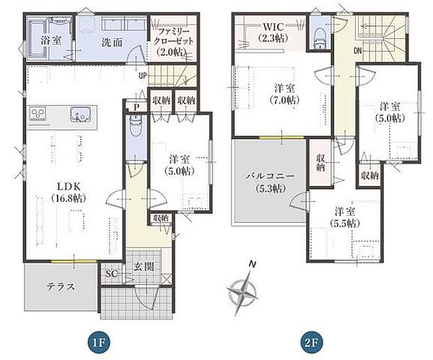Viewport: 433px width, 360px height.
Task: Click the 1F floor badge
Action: tap(99, 343)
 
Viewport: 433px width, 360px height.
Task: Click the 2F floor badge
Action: tap(311, 343)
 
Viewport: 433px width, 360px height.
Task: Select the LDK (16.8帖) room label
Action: tap(69, 193)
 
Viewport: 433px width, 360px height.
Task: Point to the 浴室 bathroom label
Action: tap(51, 40)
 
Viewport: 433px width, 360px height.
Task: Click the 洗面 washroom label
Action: tap(112, 43)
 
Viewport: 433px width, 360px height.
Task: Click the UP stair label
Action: tap(143, 76)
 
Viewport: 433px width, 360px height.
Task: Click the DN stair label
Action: tap(358, 51)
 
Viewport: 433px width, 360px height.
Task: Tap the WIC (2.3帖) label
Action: tap(274, 32)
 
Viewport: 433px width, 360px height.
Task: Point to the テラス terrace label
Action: tap(61, 286)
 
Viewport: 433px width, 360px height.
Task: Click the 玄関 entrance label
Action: tap(144, 267)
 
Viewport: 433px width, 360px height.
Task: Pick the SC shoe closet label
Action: tap(112, 274)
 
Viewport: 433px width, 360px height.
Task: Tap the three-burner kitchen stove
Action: tap(38, 113)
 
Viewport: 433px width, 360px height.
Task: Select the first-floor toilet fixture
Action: tap(136, 126)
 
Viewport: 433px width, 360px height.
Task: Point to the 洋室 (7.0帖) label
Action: tap(284, 94)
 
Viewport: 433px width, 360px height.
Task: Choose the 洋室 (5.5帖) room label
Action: tap(345, 218)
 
